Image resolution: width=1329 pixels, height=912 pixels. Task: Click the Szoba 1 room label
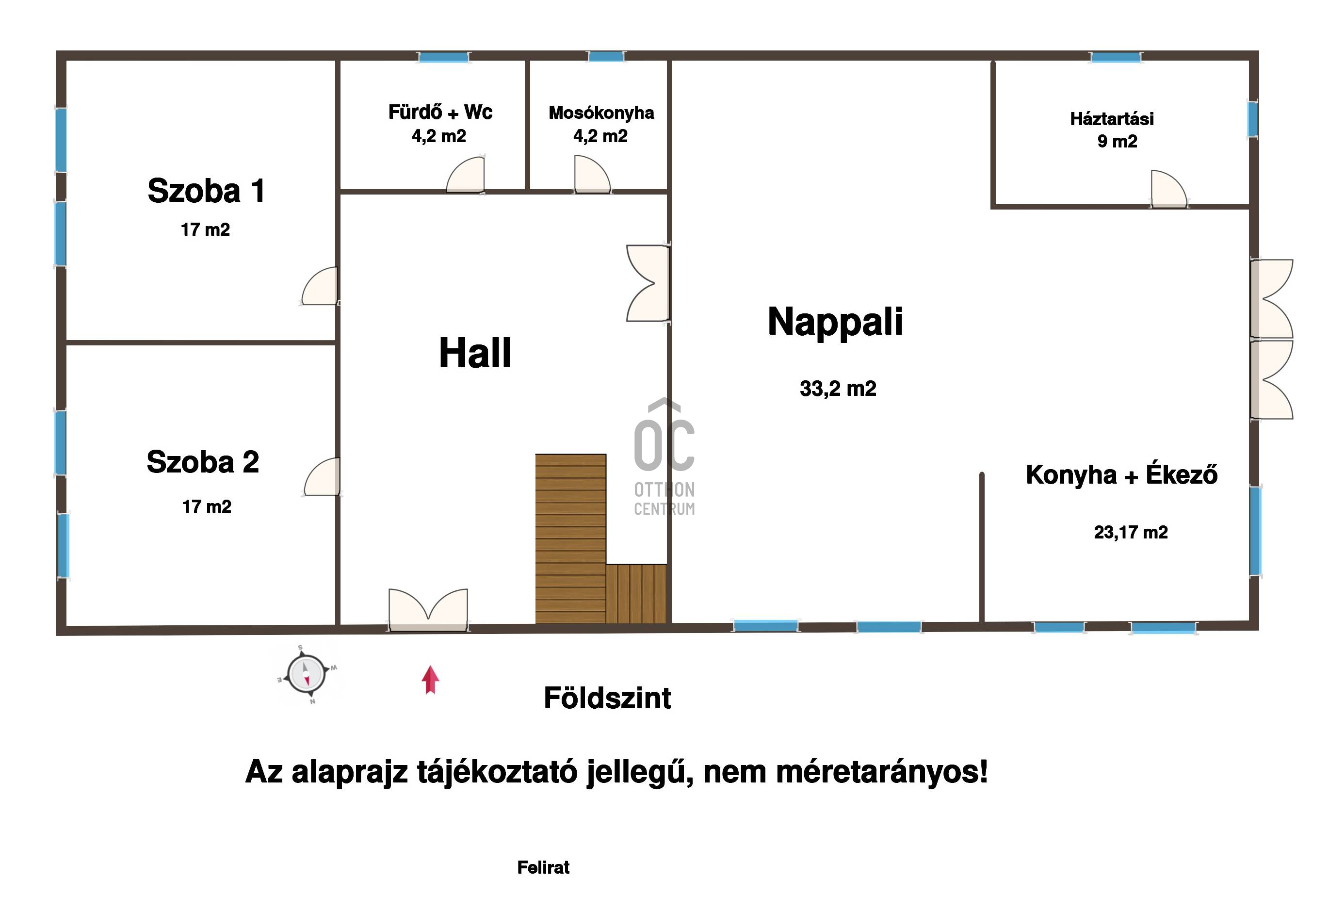coord(207,191)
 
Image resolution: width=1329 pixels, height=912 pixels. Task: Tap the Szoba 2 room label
coord(203,462)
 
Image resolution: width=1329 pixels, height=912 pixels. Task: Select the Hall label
coord(475,353)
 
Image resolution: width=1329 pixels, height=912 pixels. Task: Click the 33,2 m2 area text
coord(838,389)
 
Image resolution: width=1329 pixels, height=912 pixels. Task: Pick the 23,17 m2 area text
coord(1131,532)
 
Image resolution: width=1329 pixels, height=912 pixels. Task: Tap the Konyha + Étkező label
coord(1121,474)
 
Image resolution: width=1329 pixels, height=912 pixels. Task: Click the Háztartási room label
coord(1112,119)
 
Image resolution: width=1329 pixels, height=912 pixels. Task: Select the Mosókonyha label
coord(601,113)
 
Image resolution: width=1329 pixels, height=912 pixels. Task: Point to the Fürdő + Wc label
coord(440,112)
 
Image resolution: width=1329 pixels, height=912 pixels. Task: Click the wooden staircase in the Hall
coord(600,538)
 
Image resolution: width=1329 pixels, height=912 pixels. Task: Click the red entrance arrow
coord(430,680)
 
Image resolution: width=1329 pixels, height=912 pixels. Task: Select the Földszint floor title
coord(607,698)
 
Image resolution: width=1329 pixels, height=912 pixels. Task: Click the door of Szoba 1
coord(320,286)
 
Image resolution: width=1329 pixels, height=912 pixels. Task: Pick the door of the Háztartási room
coord(1169,189)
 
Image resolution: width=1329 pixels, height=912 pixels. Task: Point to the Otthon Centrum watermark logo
coord(664,457)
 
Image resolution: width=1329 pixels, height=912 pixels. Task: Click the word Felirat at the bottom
coord(543,867)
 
